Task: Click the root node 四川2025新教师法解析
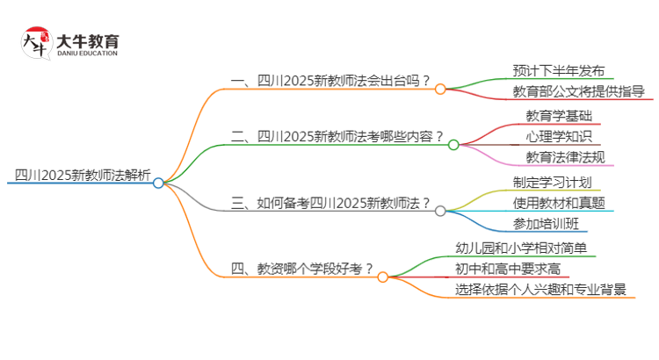coord(78,174)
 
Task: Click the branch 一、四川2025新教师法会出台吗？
coord(330,81)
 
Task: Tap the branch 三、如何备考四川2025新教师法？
coord(330,203)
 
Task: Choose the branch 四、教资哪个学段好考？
coord(301,269)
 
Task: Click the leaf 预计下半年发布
coord(558,71)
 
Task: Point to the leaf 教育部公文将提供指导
coord(578,91)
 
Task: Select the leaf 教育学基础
coord(559,117)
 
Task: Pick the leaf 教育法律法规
coord(564,157)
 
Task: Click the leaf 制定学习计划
coord(552,183)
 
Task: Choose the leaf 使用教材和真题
coord(558,203)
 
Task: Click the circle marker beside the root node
coord(158,183)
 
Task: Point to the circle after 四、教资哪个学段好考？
coord(382,277)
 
